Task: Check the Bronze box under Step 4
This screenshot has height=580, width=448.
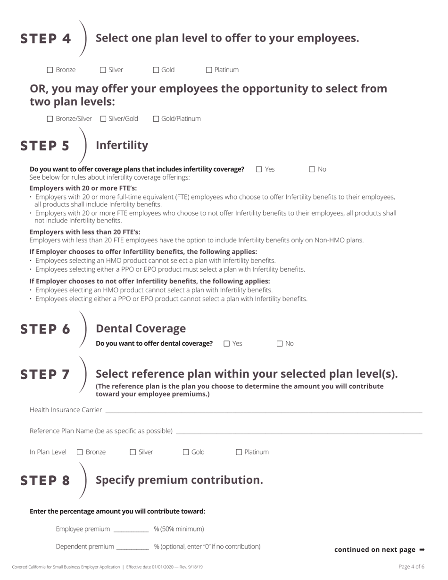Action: tap(50, 70)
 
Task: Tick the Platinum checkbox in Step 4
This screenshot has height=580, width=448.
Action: tap(209, 70)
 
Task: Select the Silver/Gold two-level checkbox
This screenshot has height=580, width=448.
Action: tap(103, 119)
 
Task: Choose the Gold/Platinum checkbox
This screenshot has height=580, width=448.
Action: tap(156, 119)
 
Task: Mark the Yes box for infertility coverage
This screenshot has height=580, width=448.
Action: tap(259, 169)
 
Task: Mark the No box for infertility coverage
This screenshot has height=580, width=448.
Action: tap(312, 169)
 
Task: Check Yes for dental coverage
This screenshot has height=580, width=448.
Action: tap(227, 344)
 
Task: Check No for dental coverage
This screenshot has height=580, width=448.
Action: tap(280, 344)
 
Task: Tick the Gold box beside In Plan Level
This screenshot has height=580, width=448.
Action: tap(186, 452)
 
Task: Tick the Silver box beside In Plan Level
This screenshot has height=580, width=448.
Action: tap(133, 452)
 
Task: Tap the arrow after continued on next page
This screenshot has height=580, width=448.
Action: tap(422, 550)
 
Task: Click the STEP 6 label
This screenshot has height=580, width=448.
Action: tap(45, 329)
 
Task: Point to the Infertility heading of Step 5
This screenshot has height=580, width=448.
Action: tap(122, 145)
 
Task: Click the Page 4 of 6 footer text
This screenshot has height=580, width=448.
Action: tap(411, 567)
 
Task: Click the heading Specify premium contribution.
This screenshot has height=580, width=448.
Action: tap(179, 480)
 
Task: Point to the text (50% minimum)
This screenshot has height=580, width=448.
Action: tap(179, 529)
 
